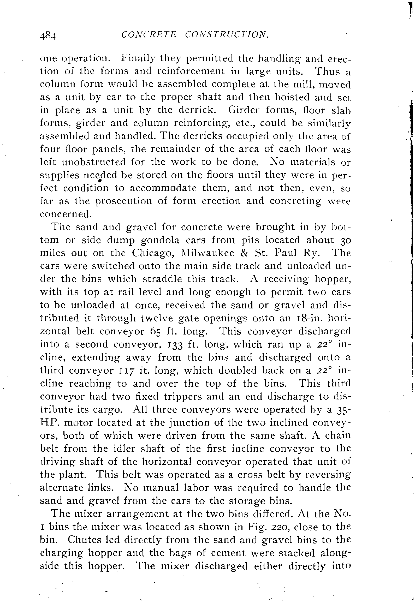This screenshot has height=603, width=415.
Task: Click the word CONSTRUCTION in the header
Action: [x=226, y=34]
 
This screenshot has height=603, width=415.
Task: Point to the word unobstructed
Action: [x=93, y=162]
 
